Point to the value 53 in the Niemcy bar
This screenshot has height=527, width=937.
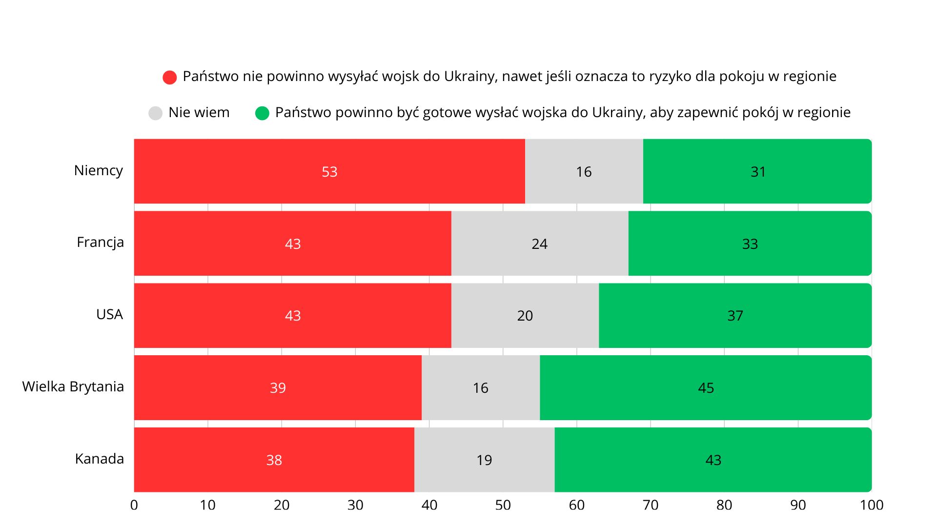coord(329,172)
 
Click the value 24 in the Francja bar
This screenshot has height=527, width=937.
coord(539,244)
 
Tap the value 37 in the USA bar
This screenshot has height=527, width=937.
coord(735,316)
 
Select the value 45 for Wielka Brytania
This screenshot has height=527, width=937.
coord(706,388)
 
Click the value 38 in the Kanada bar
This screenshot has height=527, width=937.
coord(274,460)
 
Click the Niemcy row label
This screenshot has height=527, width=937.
coord(99,170)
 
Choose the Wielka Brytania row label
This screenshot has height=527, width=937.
coord(73,386)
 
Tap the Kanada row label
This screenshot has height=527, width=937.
coord(100,459)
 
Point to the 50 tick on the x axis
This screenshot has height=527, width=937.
coord(503,505)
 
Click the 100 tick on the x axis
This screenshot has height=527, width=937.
coord(872,505)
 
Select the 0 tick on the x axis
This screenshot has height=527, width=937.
coord(134,505)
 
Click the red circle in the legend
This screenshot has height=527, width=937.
coord(169,77)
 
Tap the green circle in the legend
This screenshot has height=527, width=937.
coord(262,113)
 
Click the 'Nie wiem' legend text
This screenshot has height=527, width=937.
coord(199,112)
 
